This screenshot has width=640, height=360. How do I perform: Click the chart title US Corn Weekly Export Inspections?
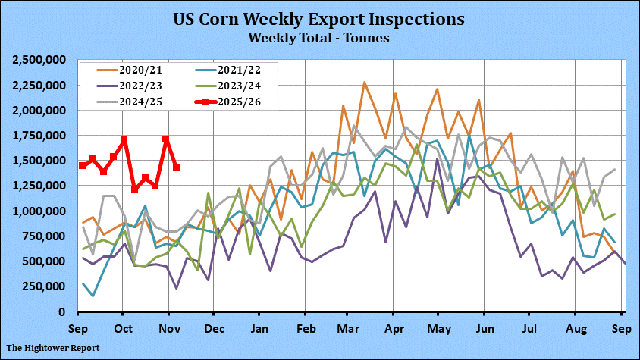click(x=319, y=18)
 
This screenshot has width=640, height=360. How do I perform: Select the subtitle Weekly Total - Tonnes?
click(x=319, y=36)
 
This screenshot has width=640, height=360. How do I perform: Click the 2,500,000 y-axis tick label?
click(x=40, y=60)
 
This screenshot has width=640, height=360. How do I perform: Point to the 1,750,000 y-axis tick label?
click(x=40, y=136)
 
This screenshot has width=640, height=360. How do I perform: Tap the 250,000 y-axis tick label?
click(x=45, y=286)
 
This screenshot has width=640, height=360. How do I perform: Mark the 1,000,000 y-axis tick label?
click(x=40, y=211)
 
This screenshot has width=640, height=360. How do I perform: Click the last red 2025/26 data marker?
click(x=177, y=167)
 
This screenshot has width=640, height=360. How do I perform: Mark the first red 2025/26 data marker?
click(x=82, y=165)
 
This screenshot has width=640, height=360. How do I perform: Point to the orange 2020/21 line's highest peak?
click(x=365, y=83)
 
